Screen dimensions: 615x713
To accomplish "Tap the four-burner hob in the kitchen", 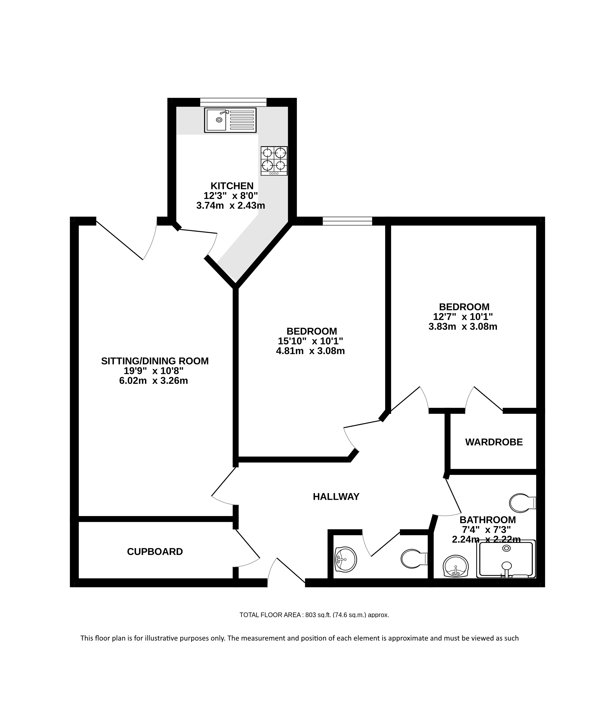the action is coord(274,161).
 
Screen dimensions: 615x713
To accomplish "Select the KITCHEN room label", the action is coord(232,186).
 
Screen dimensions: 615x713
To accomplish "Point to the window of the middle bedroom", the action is coord(347,221).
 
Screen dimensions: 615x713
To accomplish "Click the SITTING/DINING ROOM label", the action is coord(155,361).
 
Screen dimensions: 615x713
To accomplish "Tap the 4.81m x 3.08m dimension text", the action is coord(310,351).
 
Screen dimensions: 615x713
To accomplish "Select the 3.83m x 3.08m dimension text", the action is coord(463,327).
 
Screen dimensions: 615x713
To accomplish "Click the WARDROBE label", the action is coord(494,442).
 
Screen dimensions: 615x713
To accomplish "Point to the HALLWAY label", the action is coord(336,497).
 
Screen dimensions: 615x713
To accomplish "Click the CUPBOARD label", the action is coord(155,552).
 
